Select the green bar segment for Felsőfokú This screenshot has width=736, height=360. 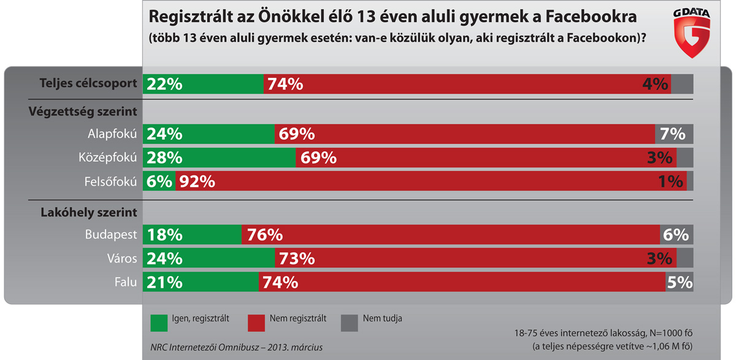[x=159, y=182]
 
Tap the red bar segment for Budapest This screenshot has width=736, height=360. [x=451, y=235]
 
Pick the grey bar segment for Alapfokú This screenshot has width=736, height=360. [x=674, y=134]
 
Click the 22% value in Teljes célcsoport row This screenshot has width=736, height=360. [x=163, y=84]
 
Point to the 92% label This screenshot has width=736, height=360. [x=196, y=182]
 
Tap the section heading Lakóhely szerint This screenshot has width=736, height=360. [x=88, y=212]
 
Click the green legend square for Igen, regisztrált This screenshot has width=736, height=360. [x=158, y=321]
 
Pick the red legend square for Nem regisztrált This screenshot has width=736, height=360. [x=256, y=321]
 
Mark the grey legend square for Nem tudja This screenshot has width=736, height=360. [x=349, y=321]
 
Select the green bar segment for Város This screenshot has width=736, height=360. [x=209, y=258]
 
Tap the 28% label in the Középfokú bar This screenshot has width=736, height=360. [x=163, y=158]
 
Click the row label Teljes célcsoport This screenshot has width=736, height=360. [x=88, y=83]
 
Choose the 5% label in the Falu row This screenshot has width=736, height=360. [x=679, y=282]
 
